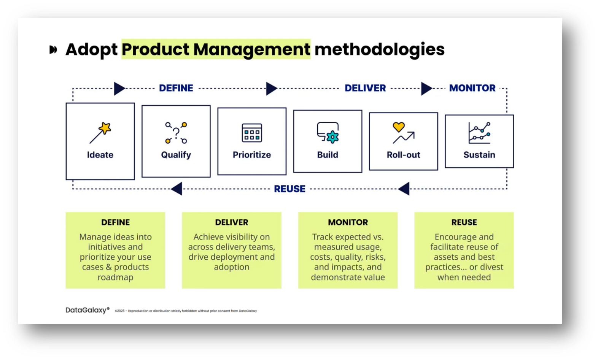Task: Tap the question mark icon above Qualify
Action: coord(176,133)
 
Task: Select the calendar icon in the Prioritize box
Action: coord(252,133)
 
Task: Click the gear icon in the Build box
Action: coord(332,137)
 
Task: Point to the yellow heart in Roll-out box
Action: coord(399,127)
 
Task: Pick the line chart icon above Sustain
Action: coord(479,133)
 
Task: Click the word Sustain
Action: coord(479,155)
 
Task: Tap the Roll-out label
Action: coord(403,155)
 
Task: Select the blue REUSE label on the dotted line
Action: coord(289,189)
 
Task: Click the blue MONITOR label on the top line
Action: coord(472,88)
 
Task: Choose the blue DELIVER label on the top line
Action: coord(365,88)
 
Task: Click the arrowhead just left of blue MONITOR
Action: coord(426,89)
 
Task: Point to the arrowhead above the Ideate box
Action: coord(119,89)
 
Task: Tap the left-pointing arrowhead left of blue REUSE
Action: coord(177,189)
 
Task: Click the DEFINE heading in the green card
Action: coord(115,222)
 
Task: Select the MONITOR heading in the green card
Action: coord(348,222)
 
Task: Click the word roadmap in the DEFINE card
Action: coord(115,277)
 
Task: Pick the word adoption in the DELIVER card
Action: coord(231,267)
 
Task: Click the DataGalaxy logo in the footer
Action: coord(87,310)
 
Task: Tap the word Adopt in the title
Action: coord(91,49)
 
